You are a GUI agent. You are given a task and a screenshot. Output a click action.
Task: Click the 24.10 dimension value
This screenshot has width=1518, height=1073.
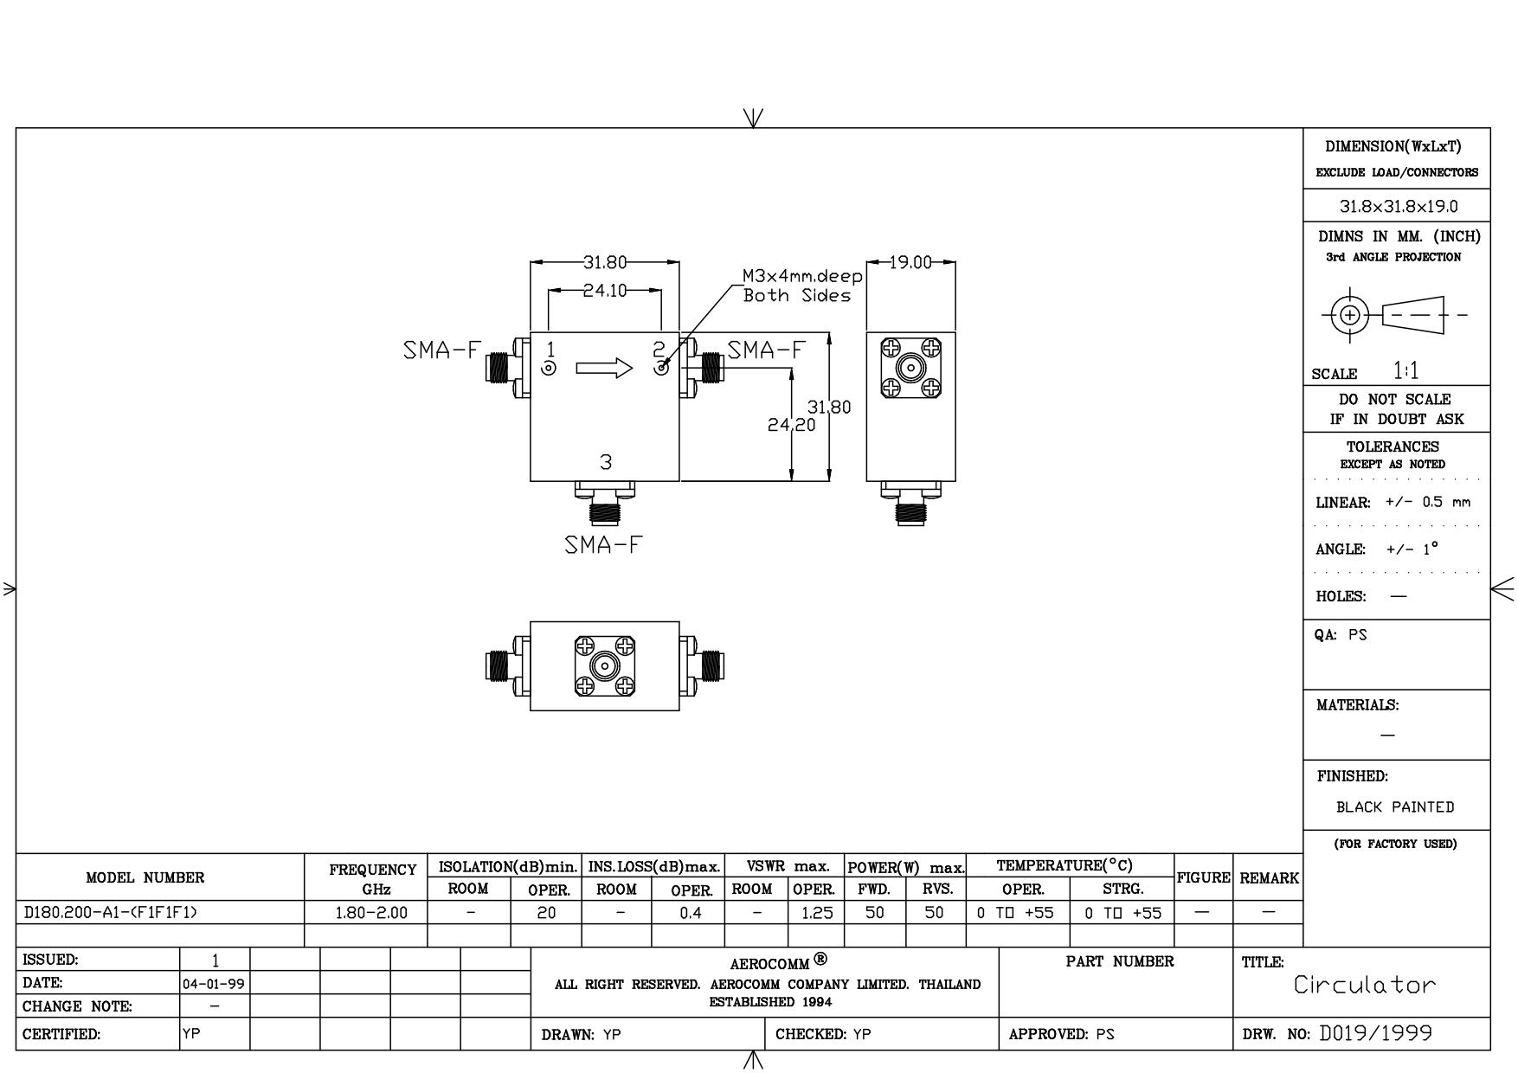click(604, 291)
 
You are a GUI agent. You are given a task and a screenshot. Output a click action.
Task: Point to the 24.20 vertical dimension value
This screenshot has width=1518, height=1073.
click(791, 425)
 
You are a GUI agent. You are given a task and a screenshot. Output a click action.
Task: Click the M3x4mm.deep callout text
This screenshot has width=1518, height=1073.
click(802, 277)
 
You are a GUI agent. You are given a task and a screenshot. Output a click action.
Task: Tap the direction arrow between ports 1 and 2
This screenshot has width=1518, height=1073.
click(604, 369)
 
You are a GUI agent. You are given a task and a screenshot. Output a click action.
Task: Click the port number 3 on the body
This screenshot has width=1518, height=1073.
click(606, 462)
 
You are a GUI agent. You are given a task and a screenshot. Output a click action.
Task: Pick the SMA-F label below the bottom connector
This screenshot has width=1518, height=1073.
click(604, 545)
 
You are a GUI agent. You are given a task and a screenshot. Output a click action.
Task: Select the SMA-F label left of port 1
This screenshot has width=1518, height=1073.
click(441, 350)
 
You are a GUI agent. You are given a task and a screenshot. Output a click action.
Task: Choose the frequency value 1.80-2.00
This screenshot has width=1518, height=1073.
click(370, 912)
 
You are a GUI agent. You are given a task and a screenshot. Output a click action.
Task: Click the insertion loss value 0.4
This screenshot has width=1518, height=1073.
click(690, 912)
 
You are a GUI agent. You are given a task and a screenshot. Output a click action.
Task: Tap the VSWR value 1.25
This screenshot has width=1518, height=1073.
click(816, 912)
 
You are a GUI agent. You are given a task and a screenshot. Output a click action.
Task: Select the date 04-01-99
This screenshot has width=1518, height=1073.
click(214, 984)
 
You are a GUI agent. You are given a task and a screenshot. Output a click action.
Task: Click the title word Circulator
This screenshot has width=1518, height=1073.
click(1364, 985)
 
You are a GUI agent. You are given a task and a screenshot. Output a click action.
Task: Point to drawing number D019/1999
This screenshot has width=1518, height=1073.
click(1375, 1033)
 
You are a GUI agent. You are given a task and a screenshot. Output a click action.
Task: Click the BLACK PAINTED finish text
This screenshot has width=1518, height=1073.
click(1394, 807)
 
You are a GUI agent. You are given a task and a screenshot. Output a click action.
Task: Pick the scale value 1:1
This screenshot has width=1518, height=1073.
click(1405, 371)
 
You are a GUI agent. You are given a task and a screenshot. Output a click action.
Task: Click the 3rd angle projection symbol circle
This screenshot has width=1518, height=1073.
click(1348, 315)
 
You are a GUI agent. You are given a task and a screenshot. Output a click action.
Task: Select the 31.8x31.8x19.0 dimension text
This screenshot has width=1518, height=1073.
click(1398, 207)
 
